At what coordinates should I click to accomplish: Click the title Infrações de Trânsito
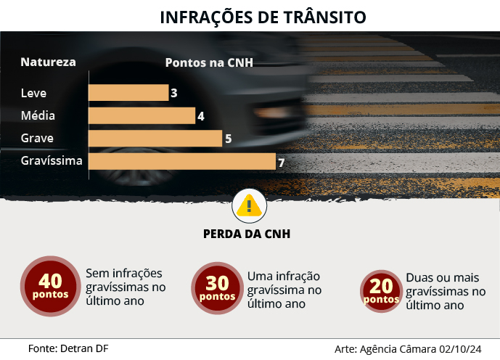pos(263,17)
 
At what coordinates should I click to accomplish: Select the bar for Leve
pos(128,93)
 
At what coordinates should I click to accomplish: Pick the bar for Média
pos(142,115)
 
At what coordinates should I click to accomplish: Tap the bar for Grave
pos(155,138)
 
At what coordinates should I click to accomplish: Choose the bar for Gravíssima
pos(182,161)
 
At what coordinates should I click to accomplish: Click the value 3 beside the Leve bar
pos(174,93)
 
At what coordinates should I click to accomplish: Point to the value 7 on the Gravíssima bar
pos(280,162)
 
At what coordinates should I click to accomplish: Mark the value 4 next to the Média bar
pos(200,116)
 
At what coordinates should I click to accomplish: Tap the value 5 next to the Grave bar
pos(228,139)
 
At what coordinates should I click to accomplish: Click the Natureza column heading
pos(48,62)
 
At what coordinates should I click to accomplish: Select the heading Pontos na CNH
pos(209,62)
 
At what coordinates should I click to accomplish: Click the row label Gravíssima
pos(52,161)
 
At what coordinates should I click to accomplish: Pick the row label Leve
pos(33,93)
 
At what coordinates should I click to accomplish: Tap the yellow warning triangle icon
pos(249,206)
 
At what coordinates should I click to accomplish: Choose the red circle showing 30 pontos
pos(217,288)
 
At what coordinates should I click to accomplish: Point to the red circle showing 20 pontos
pos(382,291)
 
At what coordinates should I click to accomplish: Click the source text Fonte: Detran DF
pos(68,348)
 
